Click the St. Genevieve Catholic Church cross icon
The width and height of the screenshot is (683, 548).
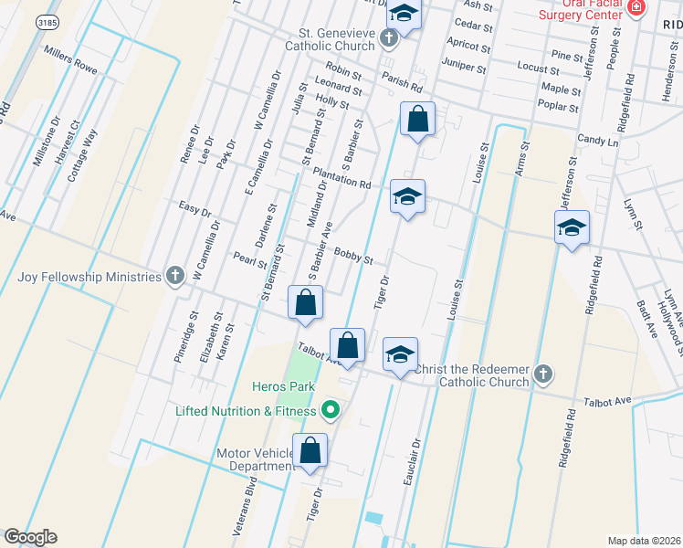point(389,38)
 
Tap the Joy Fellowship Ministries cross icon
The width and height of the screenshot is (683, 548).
point(174,276)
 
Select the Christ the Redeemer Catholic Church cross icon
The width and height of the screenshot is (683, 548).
point(543,374)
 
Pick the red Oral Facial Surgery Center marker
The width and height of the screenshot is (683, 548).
point(636,8)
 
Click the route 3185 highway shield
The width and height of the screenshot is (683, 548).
point(47,20)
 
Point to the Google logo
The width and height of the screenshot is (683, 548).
point(30,536)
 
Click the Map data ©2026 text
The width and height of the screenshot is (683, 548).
point(645,541)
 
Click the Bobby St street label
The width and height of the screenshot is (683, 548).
point(353,256)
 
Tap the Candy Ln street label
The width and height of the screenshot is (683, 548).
point(597,142)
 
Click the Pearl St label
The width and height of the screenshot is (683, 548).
point(249,260)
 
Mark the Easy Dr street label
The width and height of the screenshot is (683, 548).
point(194,209)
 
